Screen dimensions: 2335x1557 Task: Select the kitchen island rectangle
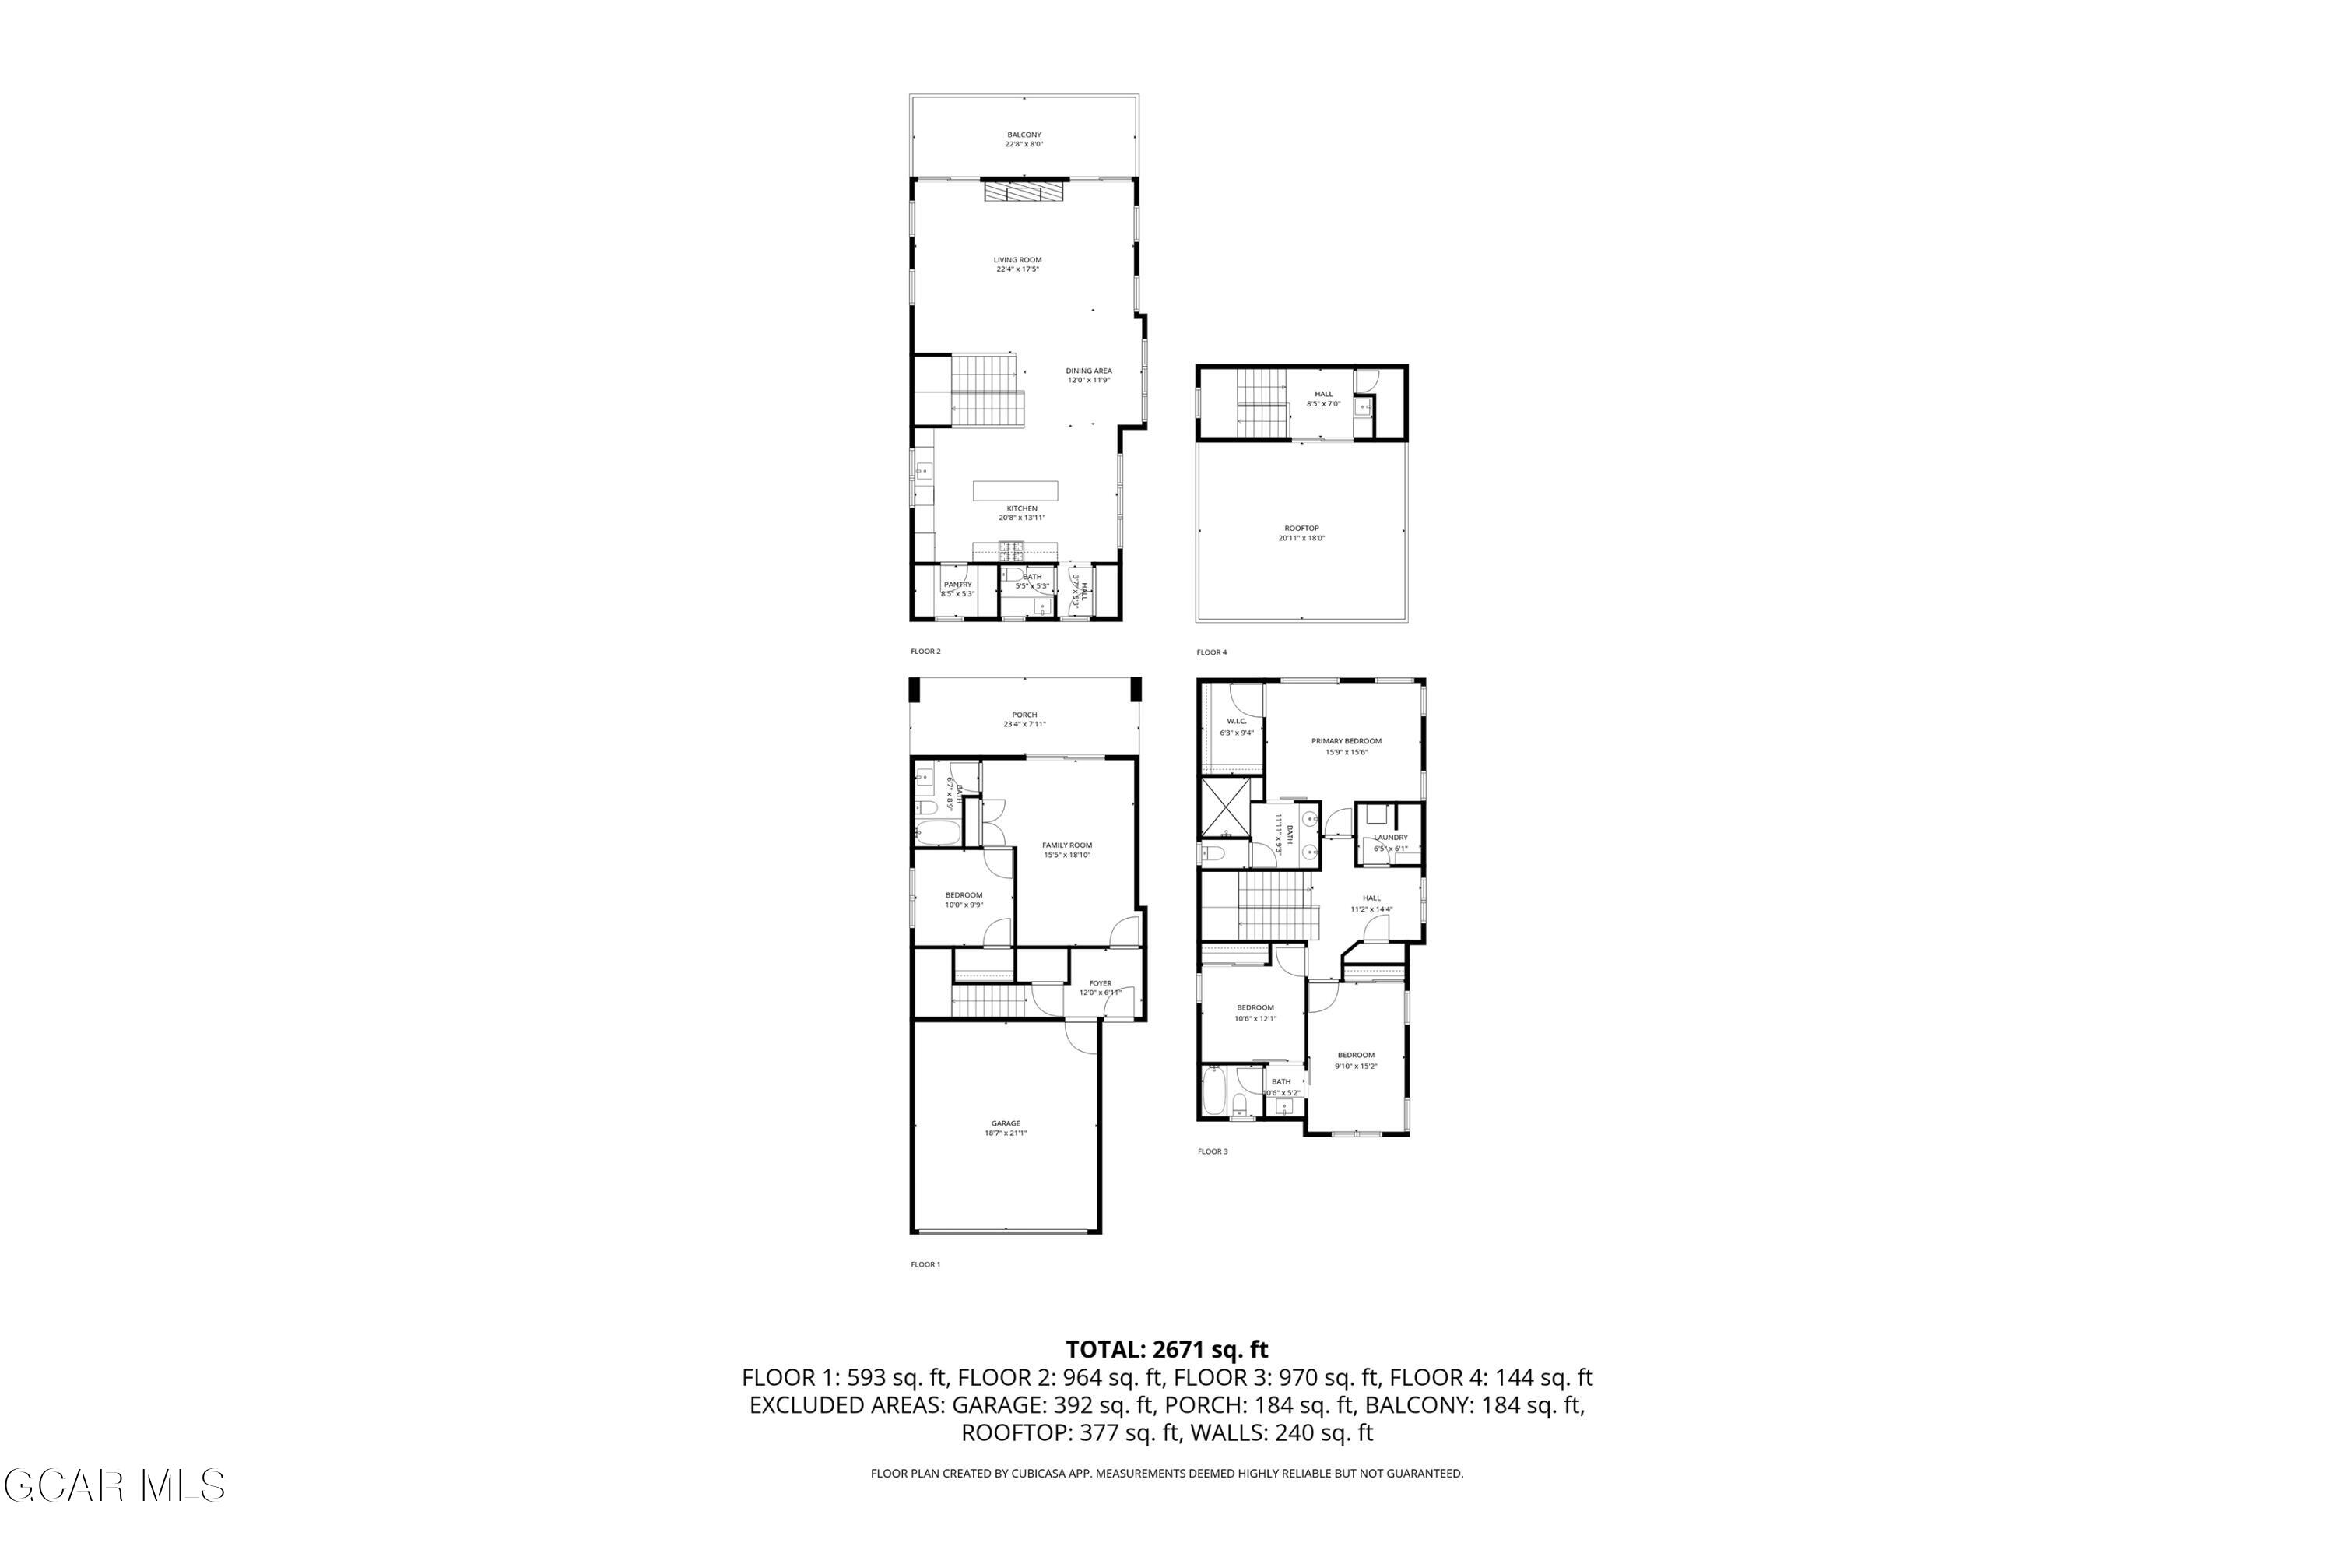coord(1015,490)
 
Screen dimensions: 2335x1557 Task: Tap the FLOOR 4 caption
coord(1211,652)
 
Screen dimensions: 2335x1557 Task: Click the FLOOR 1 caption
coord(925,1264)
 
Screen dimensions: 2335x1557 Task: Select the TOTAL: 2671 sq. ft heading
coord(1167,1349)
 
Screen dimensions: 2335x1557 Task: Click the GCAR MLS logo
coord(114,1485)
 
